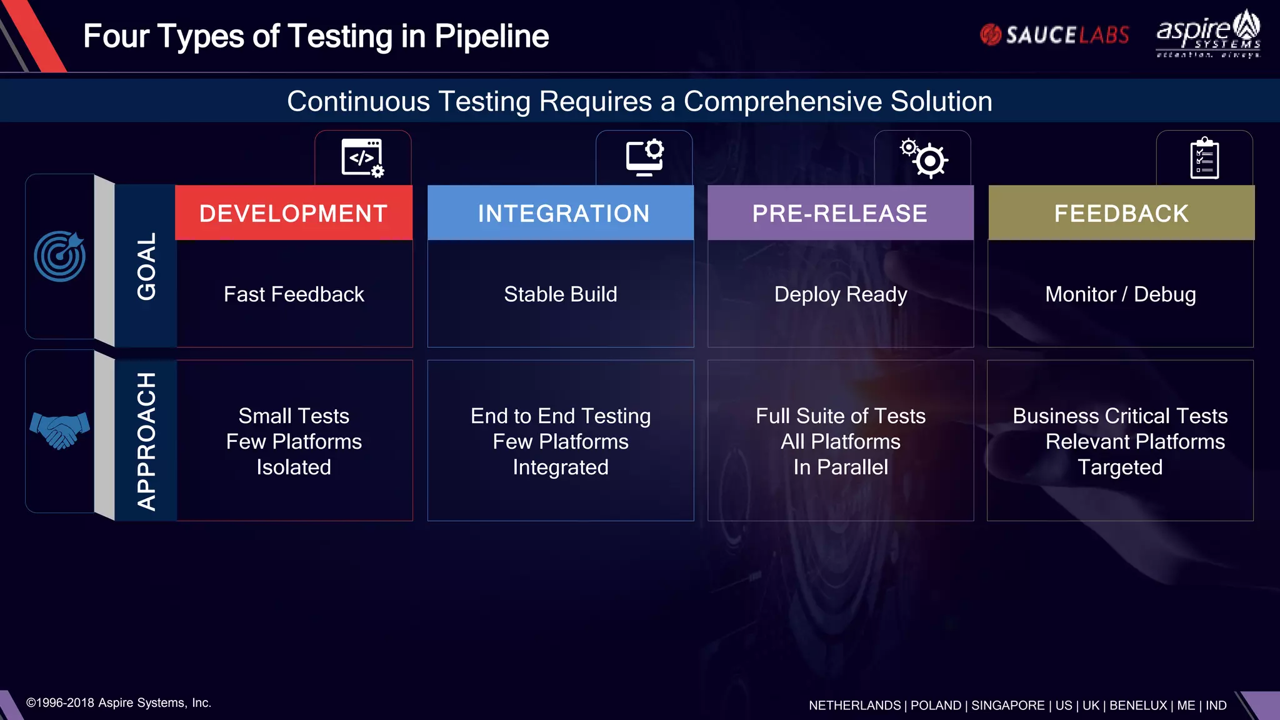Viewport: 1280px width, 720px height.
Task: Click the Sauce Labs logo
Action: coord(1054,35)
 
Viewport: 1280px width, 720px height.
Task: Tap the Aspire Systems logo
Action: coord(1208,34)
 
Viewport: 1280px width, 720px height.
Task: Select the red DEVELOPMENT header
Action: coord(293,213)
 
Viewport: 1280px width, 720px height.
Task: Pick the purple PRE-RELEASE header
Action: coord(840,213)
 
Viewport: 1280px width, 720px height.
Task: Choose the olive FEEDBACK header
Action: coord(1121,213)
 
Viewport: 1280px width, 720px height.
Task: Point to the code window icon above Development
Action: coord(362,157)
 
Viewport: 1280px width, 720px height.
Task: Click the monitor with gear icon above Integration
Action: coord(645,157)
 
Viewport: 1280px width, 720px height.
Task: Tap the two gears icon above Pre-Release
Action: coord(924,158)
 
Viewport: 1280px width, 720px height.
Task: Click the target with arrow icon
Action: coord(60,256)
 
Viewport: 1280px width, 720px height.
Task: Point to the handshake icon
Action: coord(59,430)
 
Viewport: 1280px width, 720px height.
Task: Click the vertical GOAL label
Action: coord(146,266)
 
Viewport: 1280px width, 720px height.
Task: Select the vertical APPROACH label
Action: coord(146,441)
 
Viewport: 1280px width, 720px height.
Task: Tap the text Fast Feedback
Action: coord(294,294)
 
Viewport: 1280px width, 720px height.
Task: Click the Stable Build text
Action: coord(561,294)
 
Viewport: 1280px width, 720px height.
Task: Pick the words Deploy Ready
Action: coord(841,294)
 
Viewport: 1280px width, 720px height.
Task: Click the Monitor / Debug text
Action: coord(1121,294)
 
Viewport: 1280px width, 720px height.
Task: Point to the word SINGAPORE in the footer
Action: coord(1007,705)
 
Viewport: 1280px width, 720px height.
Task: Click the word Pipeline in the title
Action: coord(491,36)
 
